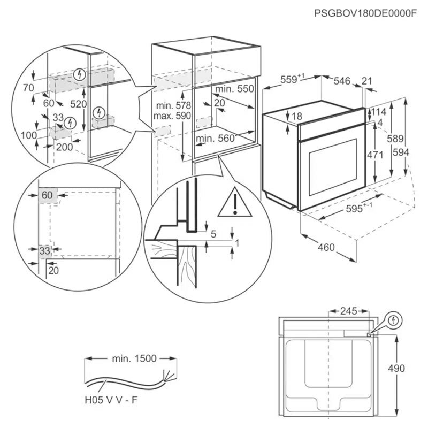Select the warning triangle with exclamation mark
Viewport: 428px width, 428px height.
[x=234, y=203]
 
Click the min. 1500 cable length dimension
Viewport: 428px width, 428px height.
[x=134, y=358]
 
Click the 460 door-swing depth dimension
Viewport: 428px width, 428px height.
[x=325, y=247]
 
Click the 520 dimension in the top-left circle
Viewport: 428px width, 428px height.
[x=78, y=104]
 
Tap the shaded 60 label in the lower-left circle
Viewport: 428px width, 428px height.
[x=47, y=196]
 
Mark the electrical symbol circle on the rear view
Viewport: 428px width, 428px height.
[x=394, y=320]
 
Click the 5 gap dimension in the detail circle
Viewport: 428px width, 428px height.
[x=213, y=233]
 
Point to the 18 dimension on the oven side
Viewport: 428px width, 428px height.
[x=297, y=116]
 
